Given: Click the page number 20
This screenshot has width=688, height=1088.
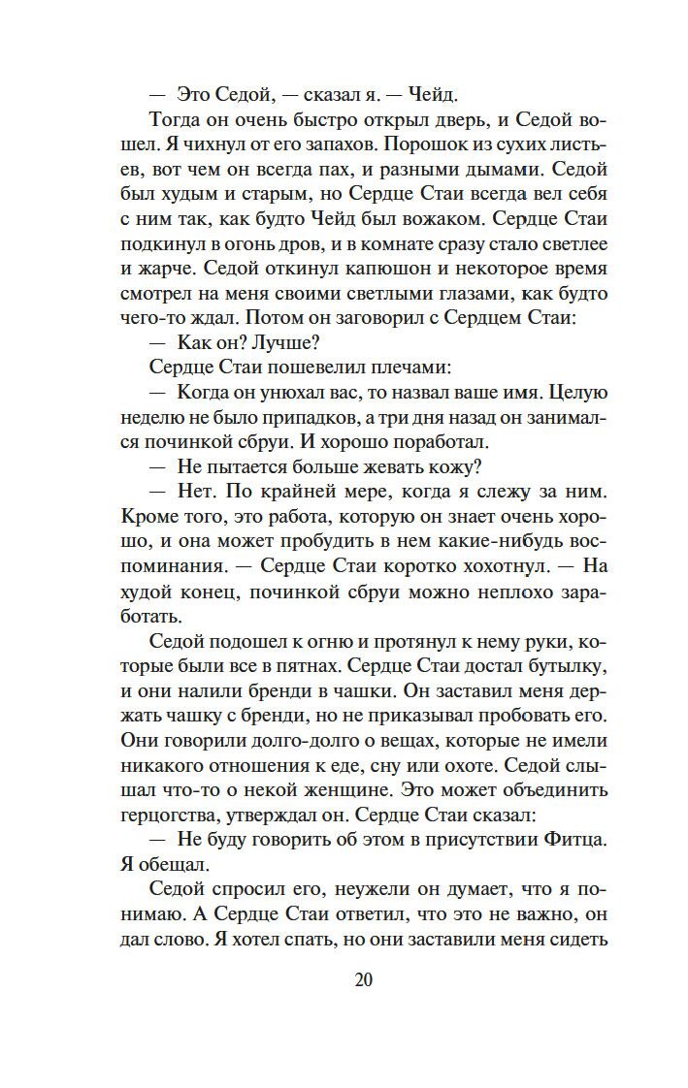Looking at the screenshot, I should click(x=363, y=979).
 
